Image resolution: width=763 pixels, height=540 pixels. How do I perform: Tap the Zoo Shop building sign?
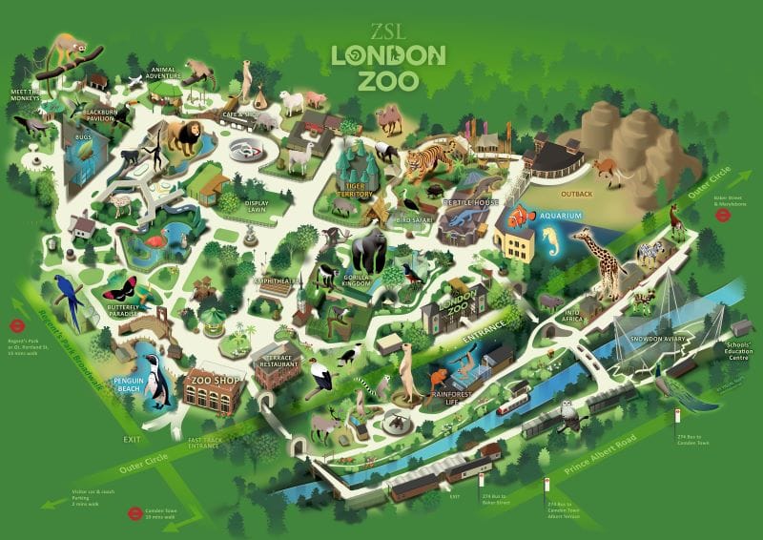coord(213,379)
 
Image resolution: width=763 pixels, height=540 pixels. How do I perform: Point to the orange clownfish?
coord(521,218)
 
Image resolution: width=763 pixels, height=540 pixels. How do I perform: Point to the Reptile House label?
coord(474,204)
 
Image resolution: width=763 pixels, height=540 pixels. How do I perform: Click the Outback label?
coord(603,195)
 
